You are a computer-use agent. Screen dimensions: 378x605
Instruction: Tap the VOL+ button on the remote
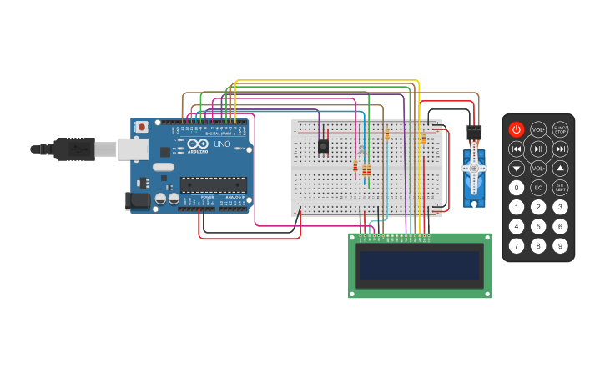(538, 129)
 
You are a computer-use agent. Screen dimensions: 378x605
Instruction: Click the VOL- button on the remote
(538, 169)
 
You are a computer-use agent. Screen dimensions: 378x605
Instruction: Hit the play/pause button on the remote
(538, 149)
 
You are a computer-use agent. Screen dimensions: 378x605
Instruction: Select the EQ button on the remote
(538, 188)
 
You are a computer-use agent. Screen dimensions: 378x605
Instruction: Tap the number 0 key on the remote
(517, 188)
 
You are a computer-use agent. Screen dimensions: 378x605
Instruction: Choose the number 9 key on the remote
(560, 245)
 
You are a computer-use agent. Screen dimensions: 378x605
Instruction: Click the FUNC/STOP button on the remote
(560, 129)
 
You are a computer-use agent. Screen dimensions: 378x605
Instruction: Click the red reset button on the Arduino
(142, 127)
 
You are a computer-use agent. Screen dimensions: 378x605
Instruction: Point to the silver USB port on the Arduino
(132, 149)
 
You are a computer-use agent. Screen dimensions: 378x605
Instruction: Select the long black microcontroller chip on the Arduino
(213, 184)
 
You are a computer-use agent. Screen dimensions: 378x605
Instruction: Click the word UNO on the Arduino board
(222, 144)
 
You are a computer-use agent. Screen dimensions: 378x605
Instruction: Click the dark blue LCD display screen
(419, 266)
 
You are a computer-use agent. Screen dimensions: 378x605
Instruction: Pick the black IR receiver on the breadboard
(323, 146)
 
